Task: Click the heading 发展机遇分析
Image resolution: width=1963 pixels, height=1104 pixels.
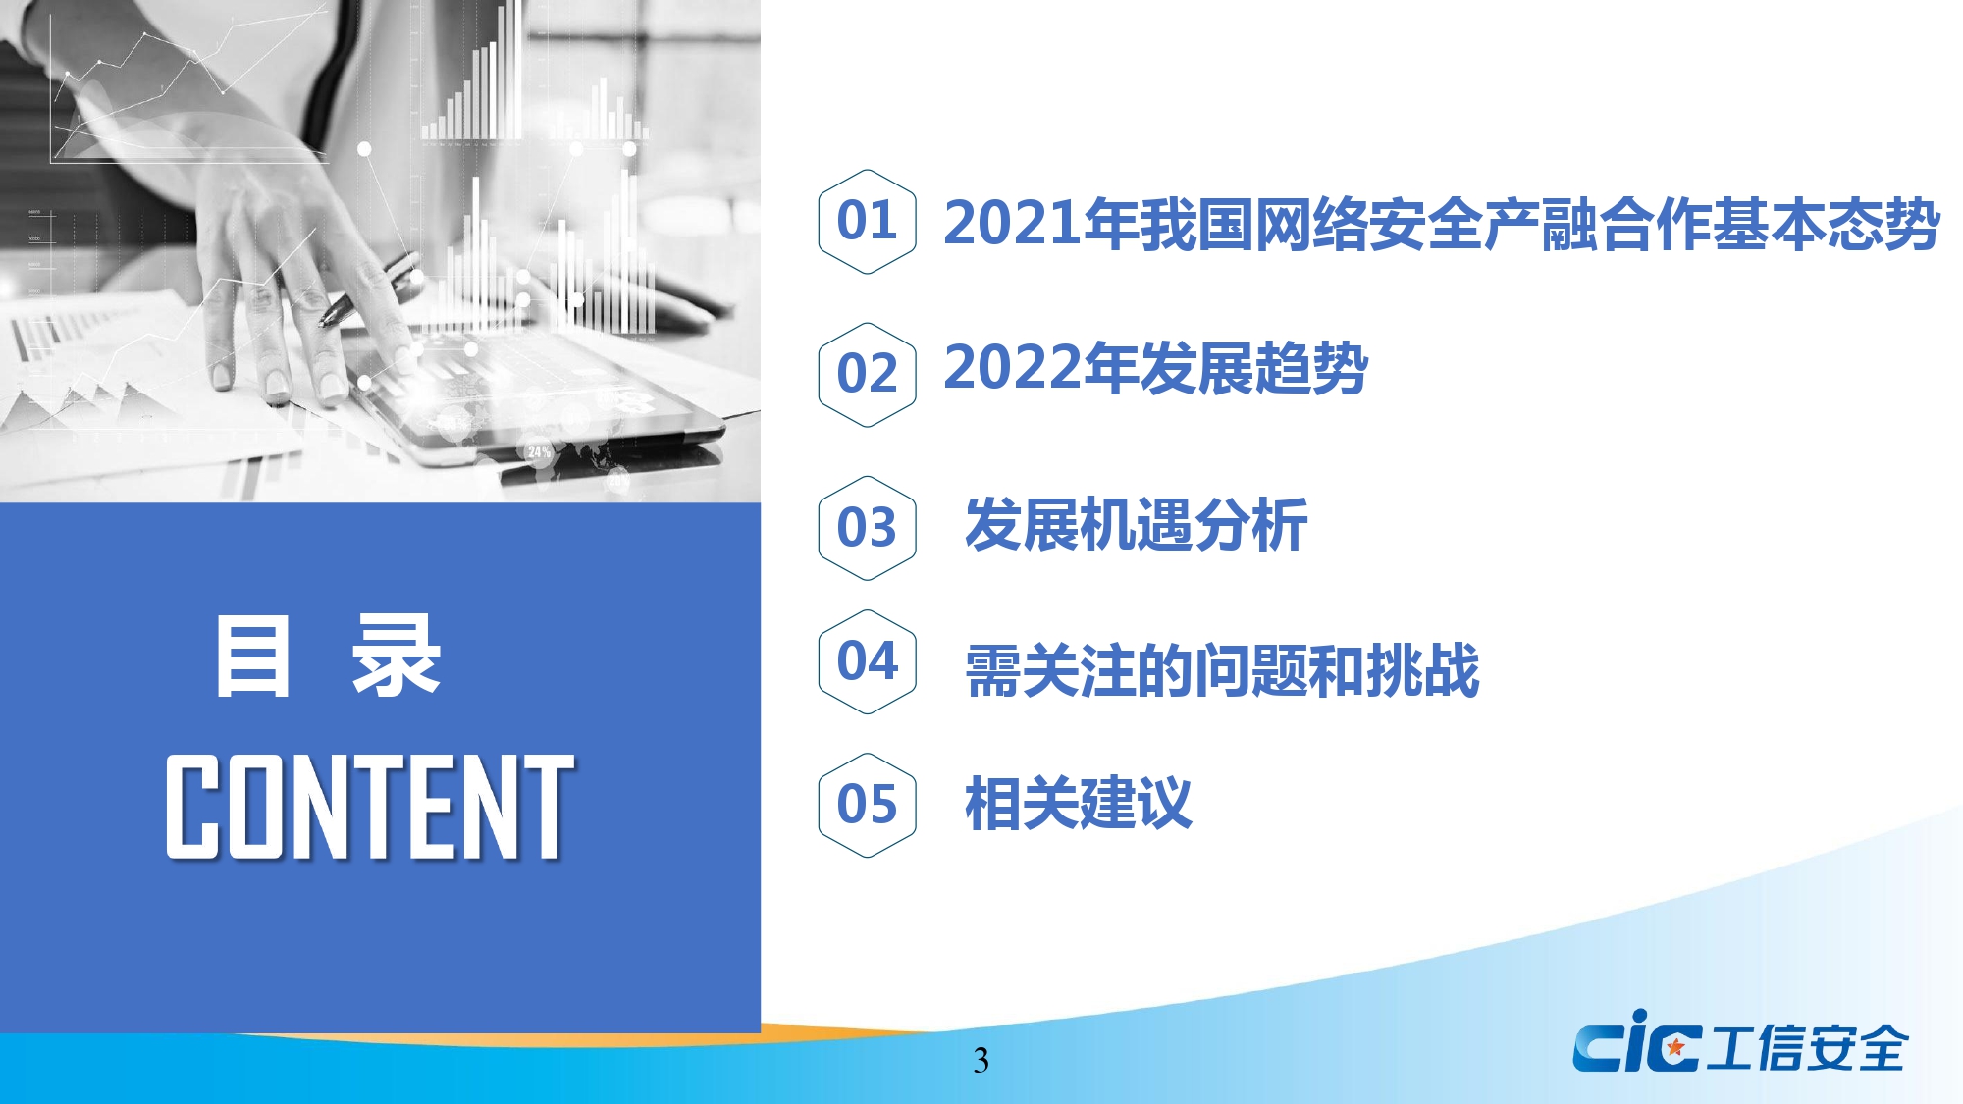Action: click(1136, 525)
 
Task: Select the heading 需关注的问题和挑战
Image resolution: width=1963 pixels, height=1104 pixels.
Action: click(1222, 670)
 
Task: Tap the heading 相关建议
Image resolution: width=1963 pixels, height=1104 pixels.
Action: click(1078, 804)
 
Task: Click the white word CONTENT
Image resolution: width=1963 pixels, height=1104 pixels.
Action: click(370, 807)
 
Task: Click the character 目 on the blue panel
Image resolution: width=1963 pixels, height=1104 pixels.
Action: click(252, 657)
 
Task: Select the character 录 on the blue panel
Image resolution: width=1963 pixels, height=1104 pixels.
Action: click(397, 657)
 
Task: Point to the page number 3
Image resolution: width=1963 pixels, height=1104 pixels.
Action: click(981, 1061)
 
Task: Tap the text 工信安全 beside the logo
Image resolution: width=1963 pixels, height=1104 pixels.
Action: click(1808, 1048)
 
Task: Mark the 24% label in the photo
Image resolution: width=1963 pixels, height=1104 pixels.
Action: click(539, 452)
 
